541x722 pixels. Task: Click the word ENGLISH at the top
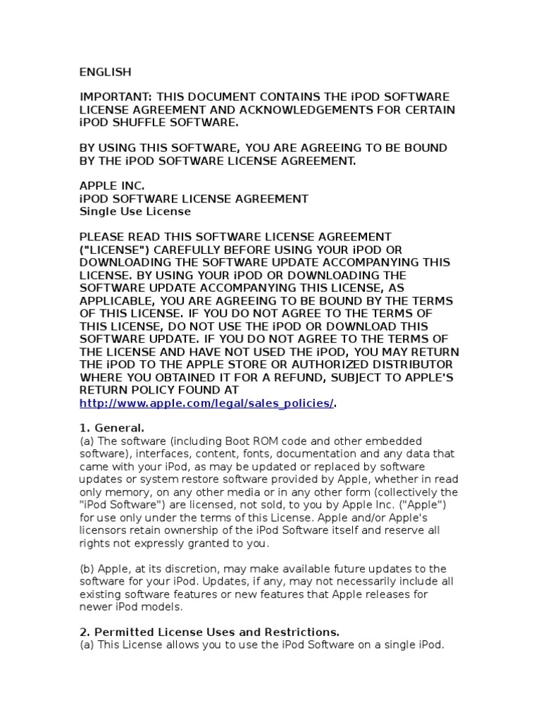point(105,72)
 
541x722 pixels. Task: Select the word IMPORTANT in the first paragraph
point(115,97)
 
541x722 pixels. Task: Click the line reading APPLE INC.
point(112,186)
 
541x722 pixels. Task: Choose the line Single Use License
point(135,212)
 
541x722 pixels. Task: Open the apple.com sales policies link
point(206,403)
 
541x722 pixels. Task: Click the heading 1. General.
point(112,428)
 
